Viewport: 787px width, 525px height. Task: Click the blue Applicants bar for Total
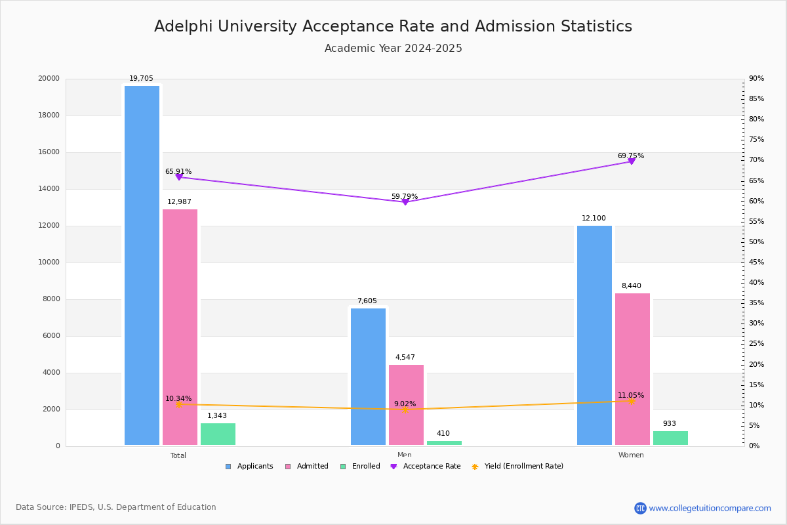coord(142,265)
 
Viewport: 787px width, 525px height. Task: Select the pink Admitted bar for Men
coord(406,405)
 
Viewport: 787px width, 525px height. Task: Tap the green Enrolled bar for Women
coord(670,438)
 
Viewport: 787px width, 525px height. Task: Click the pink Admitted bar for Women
coord(632,369)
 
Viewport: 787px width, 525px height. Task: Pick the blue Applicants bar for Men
coord(368,377)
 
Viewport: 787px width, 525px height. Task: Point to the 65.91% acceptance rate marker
coord(179,177)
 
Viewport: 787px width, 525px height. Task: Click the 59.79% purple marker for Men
coord(405,201)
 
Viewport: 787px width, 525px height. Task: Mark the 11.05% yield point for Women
coord(632,401)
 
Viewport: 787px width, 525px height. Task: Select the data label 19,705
coord(141,79)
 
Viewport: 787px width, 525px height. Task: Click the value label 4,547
coord(405,358)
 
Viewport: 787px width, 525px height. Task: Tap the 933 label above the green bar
coord(669,424)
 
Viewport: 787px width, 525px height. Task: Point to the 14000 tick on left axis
coord(49,189)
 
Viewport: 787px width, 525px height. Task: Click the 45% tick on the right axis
coord(756,262)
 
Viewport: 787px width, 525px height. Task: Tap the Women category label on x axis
coord(631,455)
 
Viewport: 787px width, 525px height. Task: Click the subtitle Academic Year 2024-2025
coord(393,49)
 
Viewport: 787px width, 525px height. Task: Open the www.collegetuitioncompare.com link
coord(710,508)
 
